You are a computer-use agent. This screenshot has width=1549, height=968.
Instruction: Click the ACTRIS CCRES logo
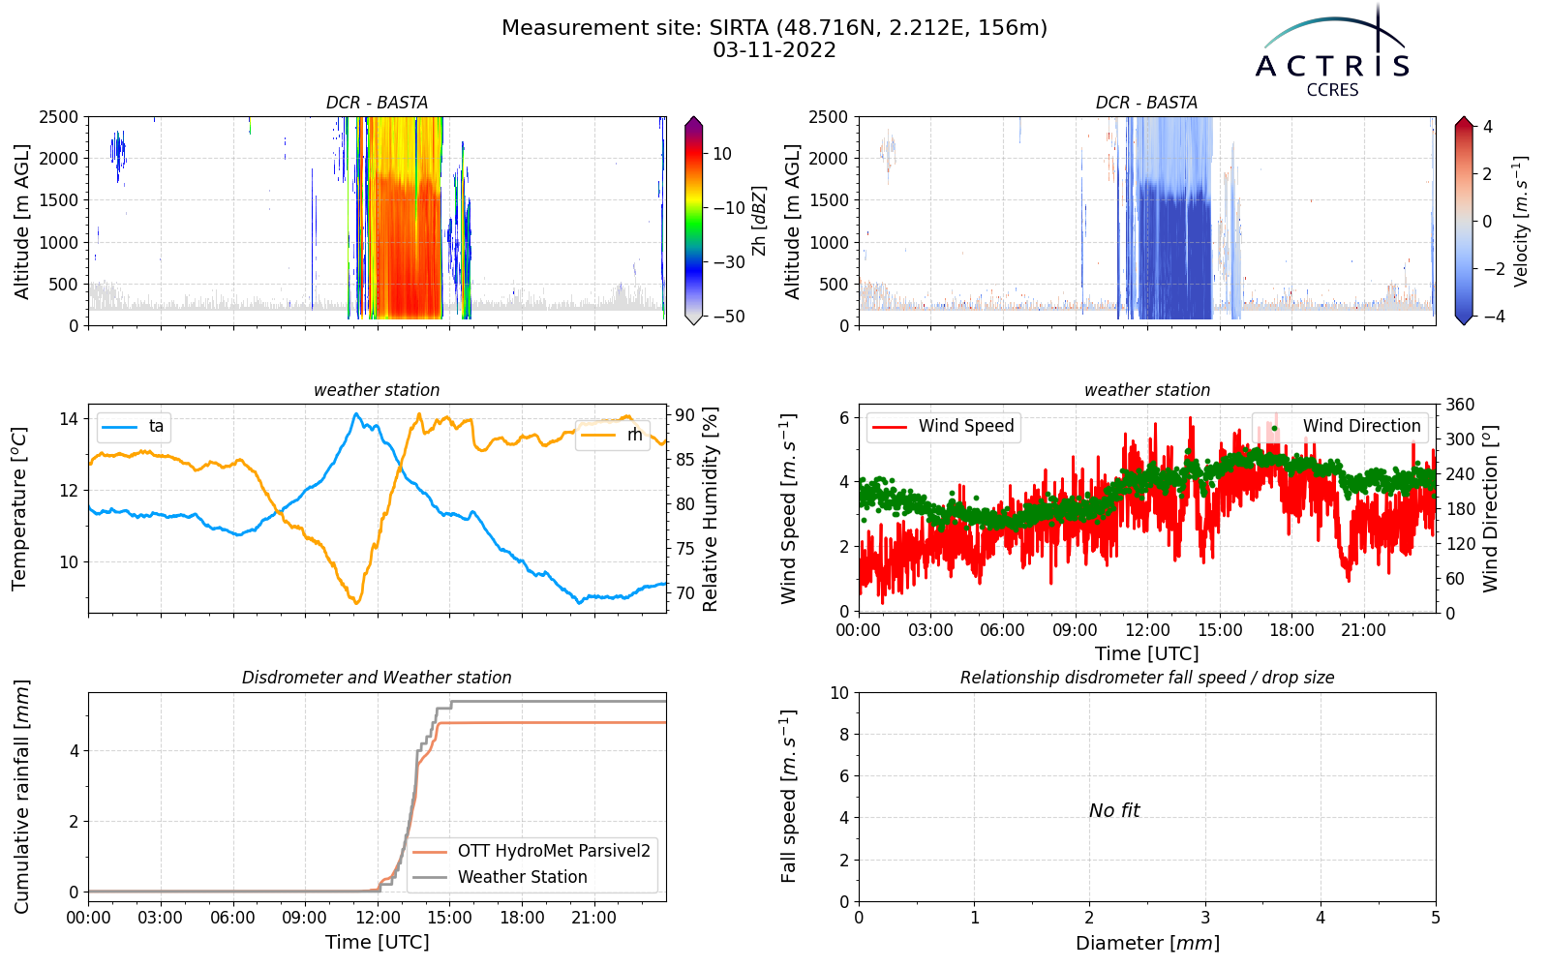(x=1331, y=52)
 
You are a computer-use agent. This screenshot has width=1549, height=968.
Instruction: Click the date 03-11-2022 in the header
(x=774, y=50)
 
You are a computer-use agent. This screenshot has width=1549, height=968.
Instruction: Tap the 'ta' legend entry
(x=134, y=426)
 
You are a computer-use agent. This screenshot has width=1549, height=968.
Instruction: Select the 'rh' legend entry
(x=612, y=435)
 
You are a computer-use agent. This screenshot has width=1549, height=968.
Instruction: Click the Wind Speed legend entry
(x=943, y=426)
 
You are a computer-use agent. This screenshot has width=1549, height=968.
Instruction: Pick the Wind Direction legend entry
(x=1337, y=426)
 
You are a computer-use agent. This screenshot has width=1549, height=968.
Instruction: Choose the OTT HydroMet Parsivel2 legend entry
(x=532, y=851)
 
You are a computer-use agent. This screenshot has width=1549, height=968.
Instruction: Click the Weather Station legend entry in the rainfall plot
(x=500, y=877)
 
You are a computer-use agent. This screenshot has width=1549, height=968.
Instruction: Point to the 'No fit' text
(x=1114, y=810)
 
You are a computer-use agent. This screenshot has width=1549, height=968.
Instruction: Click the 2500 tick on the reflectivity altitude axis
(x=59, y=117)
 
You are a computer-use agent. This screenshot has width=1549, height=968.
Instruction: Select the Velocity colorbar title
(x=1520, y=222)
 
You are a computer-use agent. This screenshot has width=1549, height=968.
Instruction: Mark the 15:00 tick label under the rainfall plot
(x=449, y=919)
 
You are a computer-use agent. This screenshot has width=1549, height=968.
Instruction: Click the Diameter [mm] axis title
(x=1147, y=943)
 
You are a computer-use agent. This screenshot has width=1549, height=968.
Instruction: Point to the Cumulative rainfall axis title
(x=21, y=797)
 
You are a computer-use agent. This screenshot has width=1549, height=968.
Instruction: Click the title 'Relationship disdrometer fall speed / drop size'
(x=1147, y=678)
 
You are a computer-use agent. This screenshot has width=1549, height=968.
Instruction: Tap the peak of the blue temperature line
(x=356, y=413)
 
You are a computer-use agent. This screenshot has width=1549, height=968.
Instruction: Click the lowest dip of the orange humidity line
(x=357, y=604)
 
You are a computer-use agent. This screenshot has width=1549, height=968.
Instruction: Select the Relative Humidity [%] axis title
(x=711, y=509)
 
